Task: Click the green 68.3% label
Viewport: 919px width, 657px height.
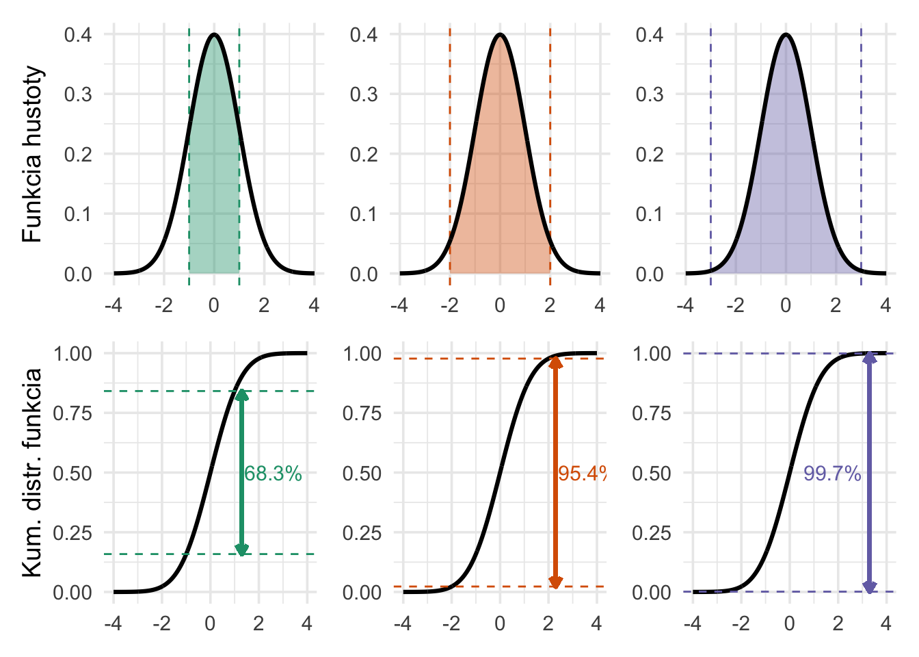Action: coord(273,474)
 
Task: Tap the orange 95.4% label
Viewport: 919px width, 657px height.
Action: coord(581,474)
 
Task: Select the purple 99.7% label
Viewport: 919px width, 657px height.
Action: coord(831,474)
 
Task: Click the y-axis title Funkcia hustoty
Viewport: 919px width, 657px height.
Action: coord(32,154)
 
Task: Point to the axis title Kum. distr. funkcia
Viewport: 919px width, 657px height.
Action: coord(32,472)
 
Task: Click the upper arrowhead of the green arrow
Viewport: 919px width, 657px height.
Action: coord(241,395)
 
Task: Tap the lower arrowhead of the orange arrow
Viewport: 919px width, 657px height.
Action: coord(555,582)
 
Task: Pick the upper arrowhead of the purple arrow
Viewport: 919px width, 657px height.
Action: coord(869,357)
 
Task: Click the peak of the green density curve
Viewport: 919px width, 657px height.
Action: coord(214,34)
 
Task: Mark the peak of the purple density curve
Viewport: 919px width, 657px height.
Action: coord(786,34)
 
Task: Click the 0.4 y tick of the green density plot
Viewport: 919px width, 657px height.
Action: coord(78,34)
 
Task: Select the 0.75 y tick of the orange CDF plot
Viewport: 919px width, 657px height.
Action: coord(362,413)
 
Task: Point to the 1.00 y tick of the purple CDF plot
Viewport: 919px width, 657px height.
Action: coord(652,354)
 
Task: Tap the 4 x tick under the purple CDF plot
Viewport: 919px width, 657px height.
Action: coord(885,623)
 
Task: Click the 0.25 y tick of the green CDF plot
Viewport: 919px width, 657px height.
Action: coord(72,533)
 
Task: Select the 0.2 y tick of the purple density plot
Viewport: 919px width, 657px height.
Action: coord(650,155)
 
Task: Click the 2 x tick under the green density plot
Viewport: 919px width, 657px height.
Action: coord(264,305)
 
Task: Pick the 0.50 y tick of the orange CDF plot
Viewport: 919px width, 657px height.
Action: coord(362,473)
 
